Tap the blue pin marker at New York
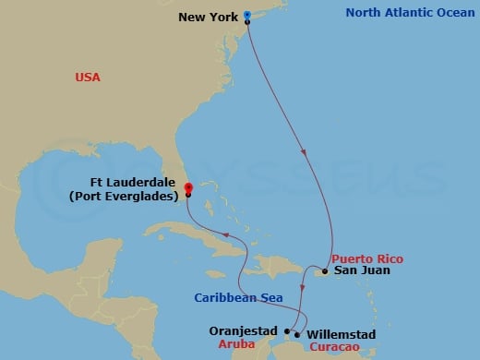point(247,16)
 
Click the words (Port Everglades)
point(136,195)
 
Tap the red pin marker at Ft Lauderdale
point(188,188)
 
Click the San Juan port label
point(362,270)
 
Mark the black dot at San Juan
point(325,271)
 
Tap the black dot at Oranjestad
point(286,330)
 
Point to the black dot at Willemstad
point(296,334)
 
